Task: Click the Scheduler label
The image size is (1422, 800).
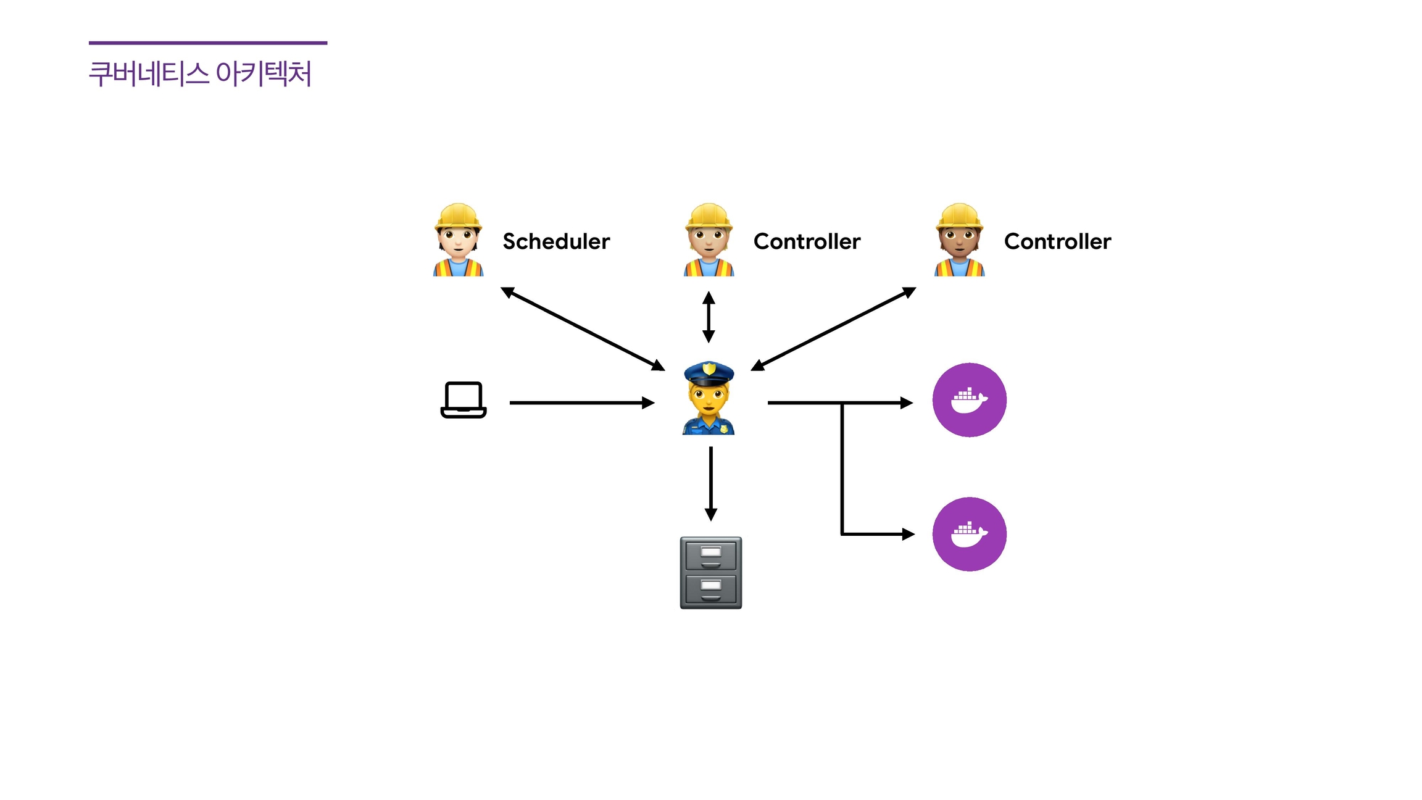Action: pyautogui.click(x=556, y=241)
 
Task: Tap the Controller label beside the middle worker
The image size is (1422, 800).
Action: pyautogui.click(x=807, y=241)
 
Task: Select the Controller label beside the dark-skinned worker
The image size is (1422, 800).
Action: pyautogui.click(x=1057, y=241)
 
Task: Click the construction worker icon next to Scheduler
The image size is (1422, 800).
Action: pyautogui.click(x=458, y=240)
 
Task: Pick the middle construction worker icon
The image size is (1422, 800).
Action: pyautogui.click(x=709, y=240)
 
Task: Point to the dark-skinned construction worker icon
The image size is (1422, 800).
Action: pyautogui.click(x=959, y=240)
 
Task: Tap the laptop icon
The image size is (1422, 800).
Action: pyautogui.click(x=464, y=400)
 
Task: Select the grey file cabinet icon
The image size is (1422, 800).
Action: pyautogui.click(x=711, y=573)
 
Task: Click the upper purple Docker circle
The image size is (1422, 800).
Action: pyautogui.click(x=969, y=400)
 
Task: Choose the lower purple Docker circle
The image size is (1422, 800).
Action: pyautogui.click(x=969, y=534)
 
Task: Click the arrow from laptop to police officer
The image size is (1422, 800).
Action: pyautogui.click(x=580, y=403)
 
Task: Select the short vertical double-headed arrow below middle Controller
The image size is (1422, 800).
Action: pyautogui.click(x=709, y=317)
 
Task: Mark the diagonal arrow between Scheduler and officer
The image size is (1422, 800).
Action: pyautogui.click(x=582, y=328)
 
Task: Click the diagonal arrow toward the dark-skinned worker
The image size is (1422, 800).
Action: pyautogui.click(x=833, y=329)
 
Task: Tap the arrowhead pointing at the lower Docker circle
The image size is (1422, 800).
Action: pyautogui.click(x=908, y=534)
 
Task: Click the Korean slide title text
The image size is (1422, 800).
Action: pyautogui.click(x=200, y=74)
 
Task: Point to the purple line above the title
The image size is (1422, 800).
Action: pyautogui.click(x=208, y=43)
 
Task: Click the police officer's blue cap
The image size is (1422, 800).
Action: pyautogui.click(x=709, y=373)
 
